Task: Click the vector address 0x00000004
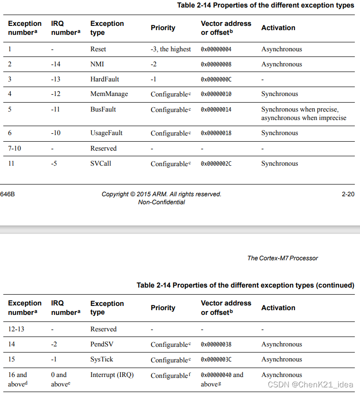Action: click(x=216, y=49)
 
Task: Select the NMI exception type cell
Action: click(x=98, y=64)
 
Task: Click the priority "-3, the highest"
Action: click(x=171, y=49)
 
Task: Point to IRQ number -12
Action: click(x=56, y=94)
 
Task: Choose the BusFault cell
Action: click(x=103, y=109)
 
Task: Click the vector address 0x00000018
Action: click(x=216, y=133)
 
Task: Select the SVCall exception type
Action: click(x=101, y=164)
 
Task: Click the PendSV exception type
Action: click(x=102, y=344)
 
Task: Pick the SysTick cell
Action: click(x=102, y=359)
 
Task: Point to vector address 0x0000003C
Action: click(x=216, y=360)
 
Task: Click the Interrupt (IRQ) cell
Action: click(x=112, y=375)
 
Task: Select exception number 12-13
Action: click(x=16, y=329)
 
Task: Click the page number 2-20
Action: click(x=348, y=194)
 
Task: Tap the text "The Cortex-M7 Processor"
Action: click(x=282, y=258)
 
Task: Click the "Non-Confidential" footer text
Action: click(x=161, y=202)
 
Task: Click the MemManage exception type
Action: click(x=109, y=94)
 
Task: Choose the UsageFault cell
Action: click(x=107, y=133)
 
